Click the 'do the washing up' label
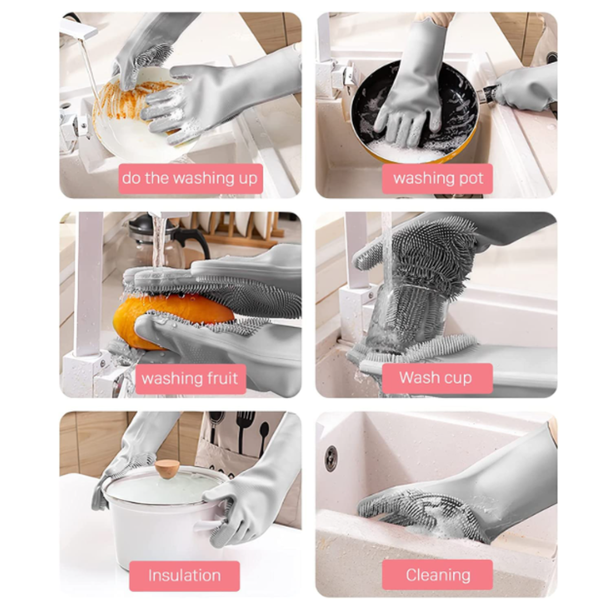point(190,178)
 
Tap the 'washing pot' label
point(437,178)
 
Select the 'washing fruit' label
point(190,379)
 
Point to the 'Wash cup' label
point(437,378)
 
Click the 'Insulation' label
point(184,576)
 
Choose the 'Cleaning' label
point(437,575)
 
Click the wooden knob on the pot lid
point(167,469)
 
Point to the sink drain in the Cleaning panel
point(331,458)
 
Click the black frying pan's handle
point(488,95)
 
